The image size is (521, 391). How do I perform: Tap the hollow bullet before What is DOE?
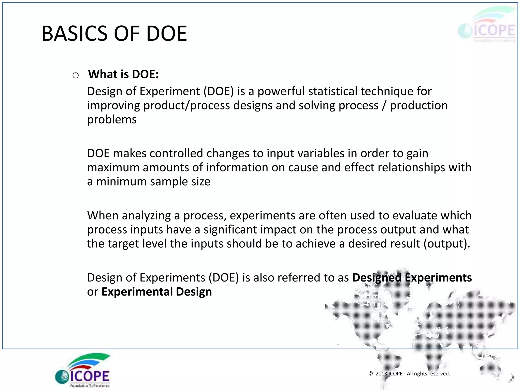(x=76, y=75)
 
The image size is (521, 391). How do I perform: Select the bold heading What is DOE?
(x=123, y=74)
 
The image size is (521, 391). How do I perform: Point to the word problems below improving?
(x=112, y=119)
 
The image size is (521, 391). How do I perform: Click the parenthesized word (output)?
(x=447, y=244)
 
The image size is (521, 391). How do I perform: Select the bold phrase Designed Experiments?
(x=412, y=277)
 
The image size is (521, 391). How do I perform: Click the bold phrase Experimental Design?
(x=156, y=292)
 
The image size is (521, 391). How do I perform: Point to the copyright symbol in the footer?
(x=371, y=373)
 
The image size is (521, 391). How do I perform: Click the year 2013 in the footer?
(x=381, y=373)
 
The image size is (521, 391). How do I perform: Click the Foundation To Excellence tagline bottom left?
(x=90, y=386)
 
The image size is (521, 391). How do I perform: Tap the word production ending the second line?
(x=418, y=105)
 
